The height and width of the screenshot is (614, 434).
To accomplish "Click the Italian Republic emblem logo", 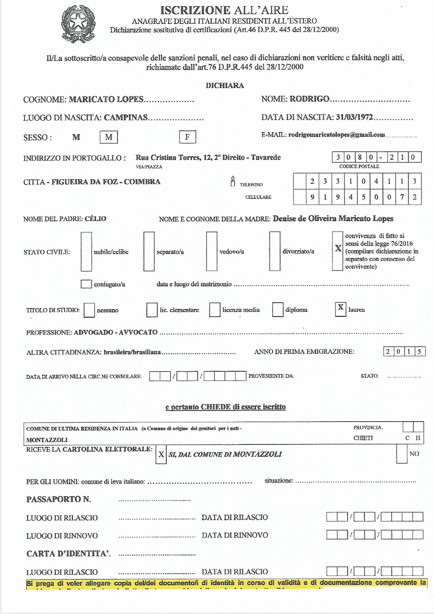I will [78, 24].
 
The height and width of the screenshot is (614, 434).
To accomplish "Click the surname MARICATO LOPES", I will [106, 99].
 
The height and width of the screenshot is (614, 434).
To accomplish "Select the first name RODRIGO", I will [309, 99].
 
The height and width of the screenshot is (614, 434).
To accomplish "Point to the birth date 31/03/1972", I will [354, 117].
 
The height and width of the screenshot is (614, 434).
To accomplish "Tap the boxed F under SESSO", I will [187, 137].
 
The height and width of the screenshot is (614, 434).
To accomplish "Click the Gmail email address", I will [336, 135].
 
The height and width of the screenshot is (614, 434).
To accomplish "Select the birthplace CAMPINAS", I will [126, 118].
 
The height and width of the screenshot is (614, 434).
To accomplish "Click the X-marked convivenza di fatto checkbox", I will [338, 251].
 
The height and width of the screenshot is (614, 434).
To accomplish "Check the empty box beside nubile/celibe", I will [86, 251].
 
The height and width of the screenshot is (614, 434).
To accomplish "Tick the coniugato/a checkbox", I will [86, 284].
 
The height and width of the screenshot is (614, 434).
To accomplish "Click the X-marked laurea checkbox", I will [341, 309].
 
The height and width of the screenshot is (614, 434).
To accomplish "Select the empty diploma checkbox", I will [278, 310].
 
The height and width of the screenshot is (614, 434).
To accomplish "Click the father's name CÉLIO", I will [95, 219].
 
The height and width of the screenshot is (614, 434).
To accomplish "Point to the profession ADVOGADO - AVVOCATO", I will [116, 332].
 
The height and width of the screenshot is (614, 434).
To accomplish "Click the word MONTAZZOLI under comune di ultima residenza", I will [47, 440].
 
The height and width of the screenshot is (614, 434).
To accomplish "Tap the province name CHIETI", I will [363, 438].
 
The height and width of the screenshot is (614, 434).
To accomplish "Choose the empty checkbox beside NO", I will [402, 454].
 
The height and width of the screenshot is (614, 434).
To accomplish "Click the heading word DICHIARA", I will [225, 86].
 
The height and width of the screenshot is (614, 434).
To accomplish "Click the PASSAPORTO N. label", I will [59, 499].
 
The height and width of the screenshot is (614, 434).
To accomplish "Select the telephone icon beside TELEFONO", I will [233, 181].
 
